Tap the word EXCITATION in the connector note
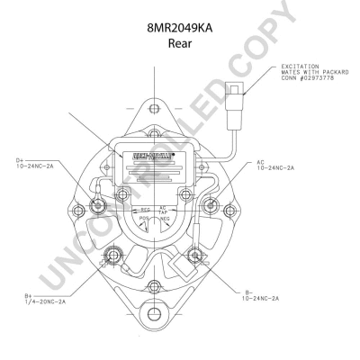tap(300, 66)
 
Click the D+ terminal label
tap(20, 159)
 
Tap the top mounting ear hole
tap(155, 109)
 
